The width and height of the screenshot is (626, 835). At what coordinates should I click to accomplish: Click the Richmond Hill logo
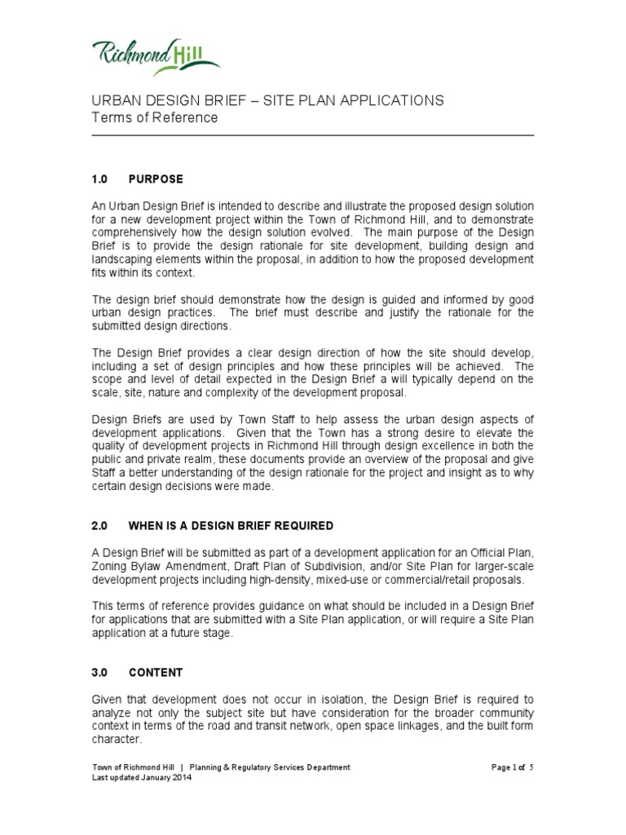156,56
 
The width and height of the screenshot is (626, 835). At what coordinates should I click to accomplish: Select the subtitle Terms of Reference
154,117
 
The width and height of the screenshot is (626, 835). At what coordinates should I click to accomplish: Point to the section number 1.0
99,179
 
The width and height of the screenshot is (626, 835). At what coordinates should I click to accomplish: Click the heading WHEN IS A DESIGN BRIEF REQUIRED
231,525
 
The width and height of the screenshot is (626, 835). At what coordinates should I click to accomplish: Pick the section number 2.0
99,525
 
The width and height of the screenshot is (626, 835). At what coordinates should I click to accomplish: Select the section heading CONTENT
156,673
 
